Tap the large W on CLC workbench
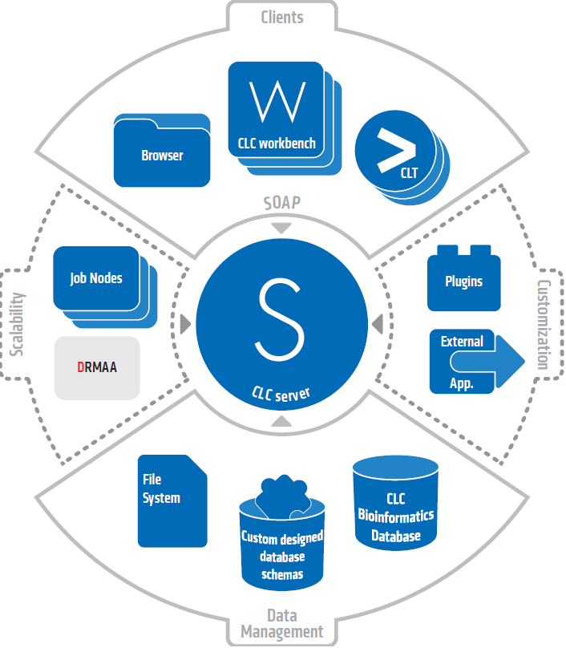(277, 100)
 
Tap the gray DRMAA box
(97, 368)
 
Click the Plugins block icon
(464, 282)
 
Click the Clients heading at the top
(282, 17)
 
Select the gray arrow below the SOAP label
(281, 229)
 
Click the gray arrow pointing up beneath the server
(281, 421)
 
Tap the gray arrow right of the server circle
(376, 325)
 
